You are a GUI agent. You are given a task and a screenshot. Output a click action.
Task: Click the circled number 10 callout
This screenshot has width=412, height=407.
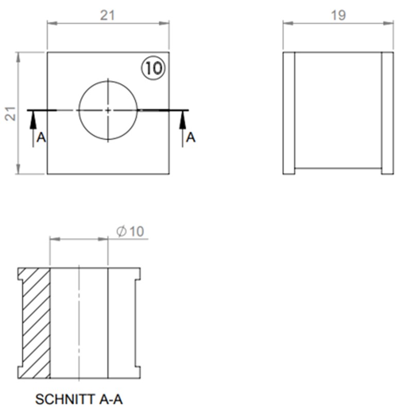[153, 68]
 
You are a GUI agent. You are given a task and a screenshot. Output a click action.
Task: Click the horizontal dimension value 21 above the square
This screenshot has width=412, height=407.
[107, 15]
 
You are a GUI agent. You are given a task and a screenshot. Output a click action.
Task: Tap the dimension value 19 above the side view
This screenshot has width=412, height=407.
[338, 15]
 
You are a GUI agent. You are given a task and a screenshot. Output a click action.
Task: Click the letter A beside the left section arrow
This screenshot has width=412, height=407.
[42, 138]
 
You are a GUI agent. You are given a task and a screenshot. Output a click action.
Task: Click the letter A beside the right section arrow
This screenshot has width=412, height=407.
[191, 138]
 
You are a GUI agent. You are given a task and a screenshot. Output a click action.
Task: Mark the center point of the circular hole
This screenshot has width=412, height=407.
[108, 110]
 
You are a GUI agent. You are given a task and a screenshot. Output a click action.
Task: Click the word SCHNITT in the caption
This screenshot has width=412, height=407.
[60, 399]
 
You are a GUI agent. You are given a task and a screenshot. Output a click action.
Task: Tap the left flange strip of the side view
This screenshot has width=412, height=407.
[289, 113]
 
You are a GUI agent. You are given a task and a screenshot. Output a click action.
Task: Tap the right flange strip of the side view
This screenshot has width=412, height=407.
[387, 113]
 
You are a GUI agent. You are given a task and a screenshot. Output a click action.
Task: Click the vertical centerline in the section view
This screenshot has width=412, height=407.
[79, 323]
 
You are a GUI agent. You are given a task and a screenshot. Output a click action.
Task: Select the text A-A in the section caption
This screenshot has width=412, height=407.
[106, 399]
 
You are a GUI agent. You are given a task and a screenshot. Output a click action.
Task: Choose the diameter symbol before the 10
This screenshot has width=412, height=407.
[122, 231]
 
